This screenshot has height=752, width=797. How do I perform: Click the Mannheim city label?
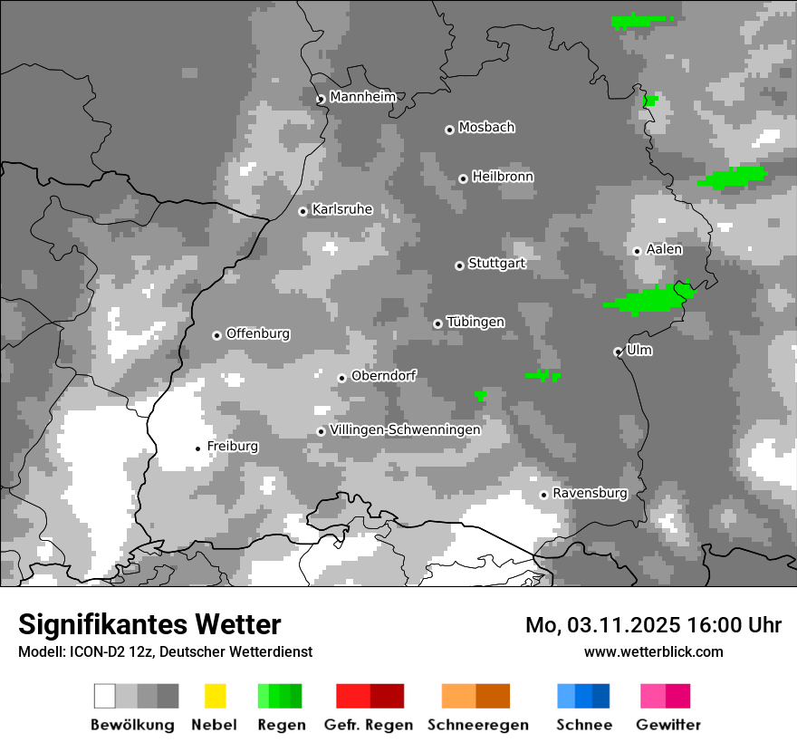tap(363, 97)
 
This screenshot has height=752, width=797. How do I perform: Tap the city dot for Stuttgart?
tap(459, 265)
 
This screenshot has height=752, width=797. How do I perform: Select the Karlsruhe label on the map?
tap(342, 209)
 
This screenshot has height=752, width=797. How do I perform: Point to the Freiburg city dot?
tap(197, 448)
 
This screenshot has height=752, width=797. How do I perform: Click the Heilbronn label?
tap(503, 177)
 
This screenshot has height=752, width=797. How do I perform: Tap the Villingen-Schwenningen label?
tap(405, 429)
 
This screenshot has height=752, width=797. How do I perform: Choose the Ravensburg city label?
tap(590, 493)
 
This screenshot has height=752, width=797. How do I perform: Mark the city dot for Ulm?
tap(618, 352)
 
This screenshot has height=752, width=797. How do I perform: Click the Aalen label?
tap(664, 249)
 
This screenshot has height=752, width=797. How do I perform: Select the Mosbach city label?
tap(486, 128)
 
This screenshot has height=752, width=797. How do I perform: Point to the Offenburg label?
tap(258, 333)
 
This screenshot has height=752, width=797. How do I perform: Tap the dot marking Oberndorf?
tap(341, 378)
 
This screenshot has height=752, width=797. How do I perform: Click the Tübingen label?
tap(475, 323)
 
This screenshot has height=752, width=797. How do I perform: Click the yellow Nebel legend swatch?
tap(215, 696)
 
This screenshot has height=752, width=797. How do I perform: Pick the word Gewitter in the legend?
tap(668, 725)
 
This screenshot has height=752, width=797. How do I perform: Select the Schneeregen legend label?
tap(478, 725)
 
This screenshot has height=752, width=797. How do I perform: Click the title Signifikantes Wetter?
tap(149, 624)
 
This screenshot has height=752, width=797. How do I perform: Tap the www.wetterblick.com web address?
tap(653, 651)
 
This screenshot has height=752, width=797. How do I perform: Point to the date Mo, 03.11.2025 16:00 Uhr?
tap(653, 625)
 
